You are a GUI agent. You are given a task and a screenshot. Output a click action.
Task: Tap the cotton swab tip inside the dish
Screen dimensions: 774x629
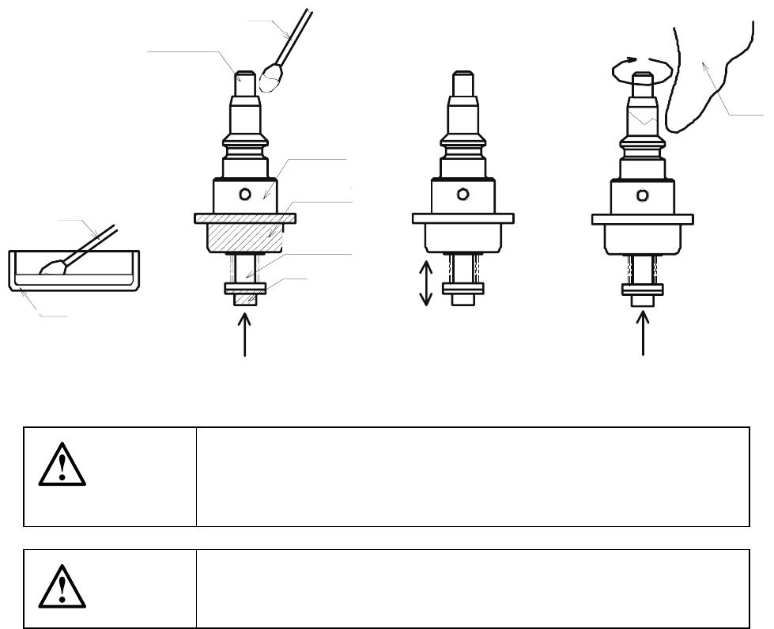[x=54, y=267]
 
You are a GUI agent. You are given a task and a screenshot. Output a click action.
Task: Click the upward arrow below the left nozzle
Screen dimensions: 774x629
[x=246, y=335]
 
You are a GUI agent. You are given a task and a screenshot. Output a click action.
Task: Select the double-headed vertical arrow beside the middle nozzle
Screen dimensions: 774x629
[x=425, y=282]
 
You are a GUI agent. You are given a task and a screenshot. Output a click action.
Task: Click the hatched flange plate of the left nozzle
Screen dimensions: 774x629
[x=245, y=218]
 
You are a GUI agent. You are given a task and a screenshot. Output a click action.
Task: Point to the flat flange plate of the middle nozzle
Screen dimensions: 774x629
[x=463, y=218]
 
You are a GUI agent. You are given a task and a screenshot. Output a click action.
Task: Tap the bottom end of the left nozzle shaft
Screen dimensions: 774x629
[x=245, y=301]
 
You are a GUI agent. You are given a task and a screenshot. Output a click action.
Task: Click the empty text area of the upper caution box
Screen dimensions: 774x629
[x=472, y=476]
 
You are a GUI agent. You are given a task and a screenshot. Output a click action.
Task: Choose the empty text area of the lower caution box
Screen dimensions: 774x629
[x=472, y=589]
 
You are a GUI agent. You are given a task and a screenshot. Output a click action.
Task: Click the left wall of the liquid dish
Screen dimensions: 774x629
[x=12, y=269]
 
